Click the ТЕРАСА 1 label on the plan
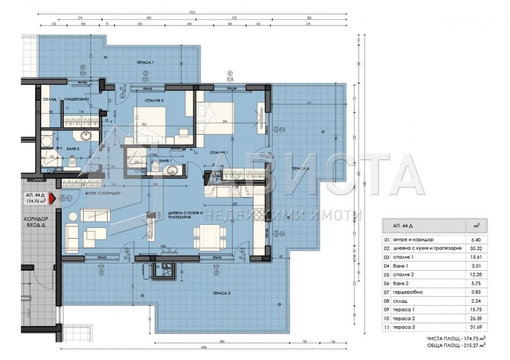[x=146, y=62]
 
